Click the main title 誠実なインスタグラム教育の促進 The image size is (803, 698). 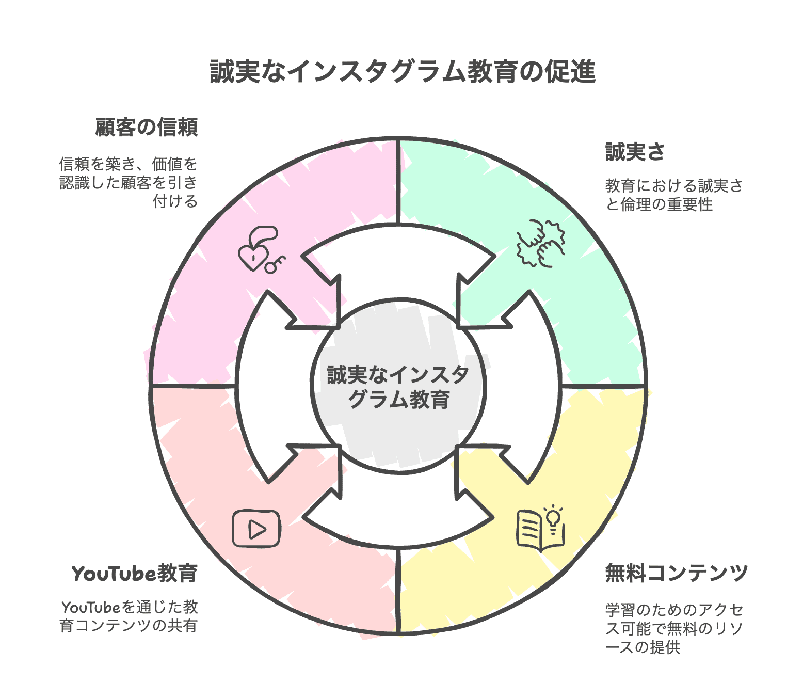pos(403,72)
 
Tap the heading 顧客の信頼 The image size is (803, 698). pos(147,128)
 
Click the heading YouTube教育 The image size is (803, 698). pos(135,574)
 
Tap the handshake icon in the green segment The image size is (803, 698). pos(540,243)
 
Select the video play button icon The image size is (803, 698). pos(256,529)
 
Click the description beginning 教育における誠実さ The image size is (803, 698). pos(674,195)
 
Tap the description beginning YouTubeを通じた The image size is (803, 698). pos(129,616)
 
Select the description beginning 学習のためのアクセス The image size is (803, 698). pos(674,628)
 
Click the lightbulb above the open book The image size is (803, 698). pos(553,517)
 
